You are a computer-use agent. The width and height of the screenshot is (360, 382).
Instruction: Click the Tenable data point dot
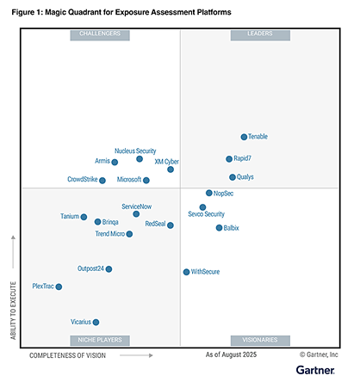244,137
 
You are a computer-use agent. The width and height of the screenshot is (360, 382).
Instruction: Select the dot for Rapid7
229,159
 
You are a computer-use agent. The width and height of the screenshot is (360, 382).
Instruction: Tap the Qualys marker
233,177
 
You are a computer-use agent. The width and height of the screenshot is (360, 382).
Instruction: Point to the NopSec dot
209,193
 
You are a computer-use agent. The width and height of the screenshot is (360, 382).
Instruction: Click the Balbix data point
219,228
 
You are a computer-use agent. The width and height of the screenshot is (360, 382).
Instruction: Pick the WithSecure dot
186,272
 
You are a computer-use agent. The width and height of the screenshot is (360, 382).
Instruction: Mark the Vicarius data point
96,323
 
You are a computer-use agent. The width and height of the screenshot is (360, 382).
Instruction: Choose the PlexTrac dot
59,286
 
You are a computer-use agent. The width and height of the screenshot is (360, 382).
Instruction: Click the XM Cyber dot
171,169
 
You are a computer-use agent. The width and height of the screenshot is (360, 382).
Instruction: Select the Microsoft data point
146,181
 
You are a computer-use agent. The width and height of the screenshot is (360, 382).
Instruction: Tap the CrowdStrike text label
83,179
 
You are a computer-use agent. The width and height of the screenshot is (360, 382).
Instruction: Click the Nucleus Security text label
135,151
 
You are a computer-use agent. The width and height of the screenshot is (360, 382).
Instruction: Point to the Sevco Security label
206,214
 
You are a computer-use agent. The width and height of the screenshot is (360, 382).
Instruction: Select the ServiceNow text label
136,206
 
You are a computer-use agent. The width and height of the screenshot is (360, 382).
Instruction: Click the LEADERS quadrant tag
260,35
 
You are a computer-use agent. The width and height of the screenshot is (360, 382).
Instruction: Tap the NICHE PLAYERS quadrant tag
100,341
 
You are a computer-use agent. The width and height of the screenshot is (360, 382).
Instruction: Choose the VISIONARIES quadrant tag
260,341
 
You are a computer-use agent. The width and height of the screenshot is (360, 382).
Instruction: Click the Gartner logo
315,370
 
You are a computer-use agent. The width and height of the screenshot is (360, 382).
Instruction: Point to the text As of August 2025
231,355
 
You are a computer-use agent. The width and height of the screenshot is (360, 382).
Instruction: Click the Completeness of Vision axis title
67,355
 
